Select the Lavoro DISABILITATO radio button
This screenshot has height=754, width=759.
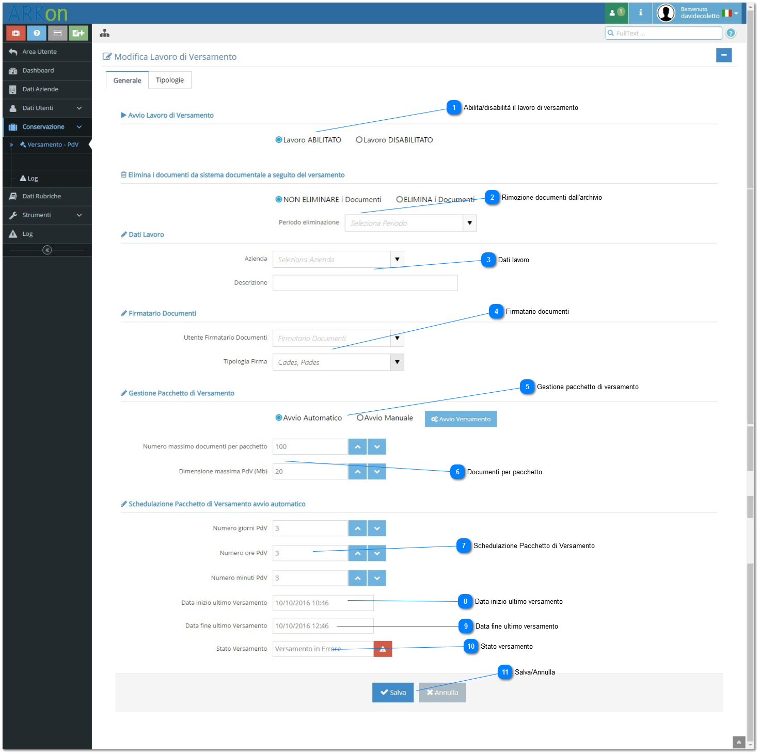pyautogui.click(x=359, y=140)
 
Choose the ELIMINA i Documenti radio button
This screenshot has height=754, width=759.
pyautogui.click(x=399, y=199)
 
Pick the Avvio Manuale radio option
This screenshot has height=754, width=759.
pyautogui.click(x=359, y=418)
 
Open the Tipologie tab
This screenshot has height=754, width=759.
pyautogui.click(x=169, y=80)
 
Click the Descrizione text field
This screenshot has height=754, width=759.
pyautogui.click(x=365, y=282)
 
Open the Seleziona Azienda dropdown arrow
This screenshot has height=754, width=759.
pyautogui.click(x=397, y=259)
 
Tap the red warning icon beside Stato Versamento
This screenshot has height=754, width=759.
pyautogui.click(x=383, y=649)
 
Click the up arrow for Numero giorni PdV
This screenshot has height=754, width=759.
pyautogui.click(x=357, y=528)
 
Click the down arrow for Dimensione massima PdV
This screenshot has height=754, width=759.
pyautogui.click(x=376, y=471)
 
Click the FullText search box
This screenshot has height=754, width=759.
pyautogui.click(x=663, y=33)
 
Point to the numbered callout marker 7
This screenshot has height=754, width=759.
pyautogui.click(x=464, y=546)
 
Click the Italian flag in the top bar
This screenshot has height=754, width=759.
pyautogui.click(x=726, y=13)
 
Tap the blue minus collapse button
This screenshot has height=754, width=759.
pyautogui.click(x=723, y=55)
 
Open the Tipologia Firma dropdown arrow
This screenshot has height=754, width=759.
pyautogui.click(x=397, y=362)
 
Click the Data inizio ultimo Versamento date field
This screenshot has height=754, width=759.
pyautogui.click(x=323, y=602)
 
